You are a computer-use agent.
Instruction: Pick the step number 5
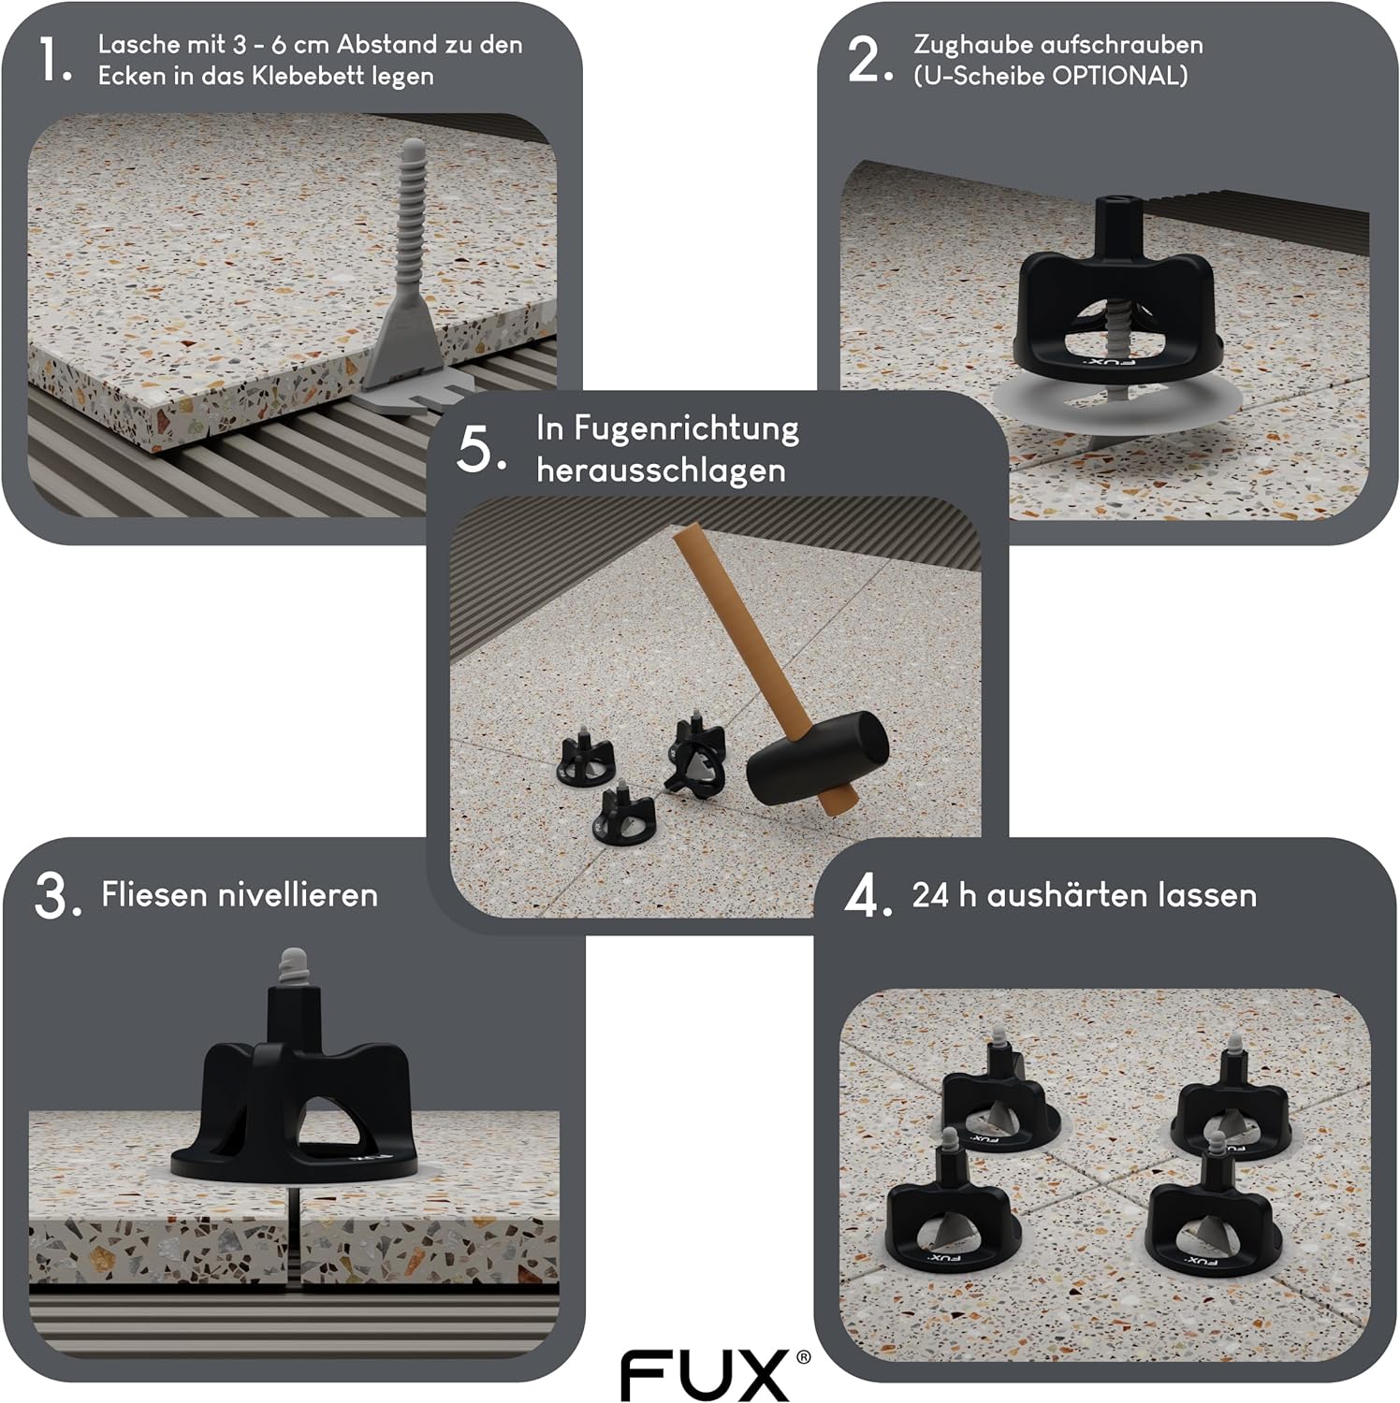(x=481, y=450)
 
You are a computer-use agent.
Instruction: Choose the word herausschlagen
(x=661, y=470)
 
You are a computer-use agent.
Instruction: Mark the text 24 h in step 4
(x=943, y=895)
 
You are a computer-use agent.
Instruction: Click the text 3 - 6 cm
(x=282, y=44)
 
